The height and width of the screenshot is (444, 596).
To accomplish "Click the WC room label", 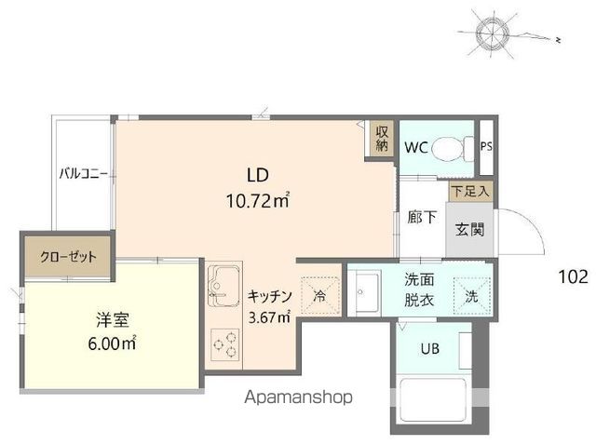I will click(x=416, y=147).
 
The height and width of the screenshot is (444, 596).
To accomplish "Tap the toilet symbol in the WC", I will click(x=454, y=147).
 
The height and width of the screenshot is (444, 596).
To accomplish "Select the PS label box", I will click(x=485, y=146).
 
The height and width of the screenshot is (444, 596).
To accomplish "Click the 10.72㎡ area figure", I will click(x=257, y=199).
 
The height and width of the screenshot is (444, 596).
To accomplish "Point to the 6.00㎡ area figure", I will click(x=111, y=343).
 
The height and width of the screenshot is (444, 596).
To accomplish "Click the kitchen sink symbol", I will click(x=223, y=283).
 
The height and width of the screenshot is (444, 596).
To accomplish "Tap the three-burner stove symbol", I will click(x=223, y=344).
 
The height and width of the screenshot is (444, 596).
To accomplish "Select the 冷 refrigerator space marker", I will click(x=318, y=297).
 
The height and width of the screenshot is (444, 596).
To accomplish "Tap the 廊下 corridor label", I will click(x=422, y=219).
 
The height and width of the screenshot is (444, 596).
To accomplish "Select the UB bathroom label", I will click(x=429, y=349).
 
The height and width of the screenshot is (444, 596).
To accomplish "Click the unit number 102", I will click(x=573, y=276).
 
